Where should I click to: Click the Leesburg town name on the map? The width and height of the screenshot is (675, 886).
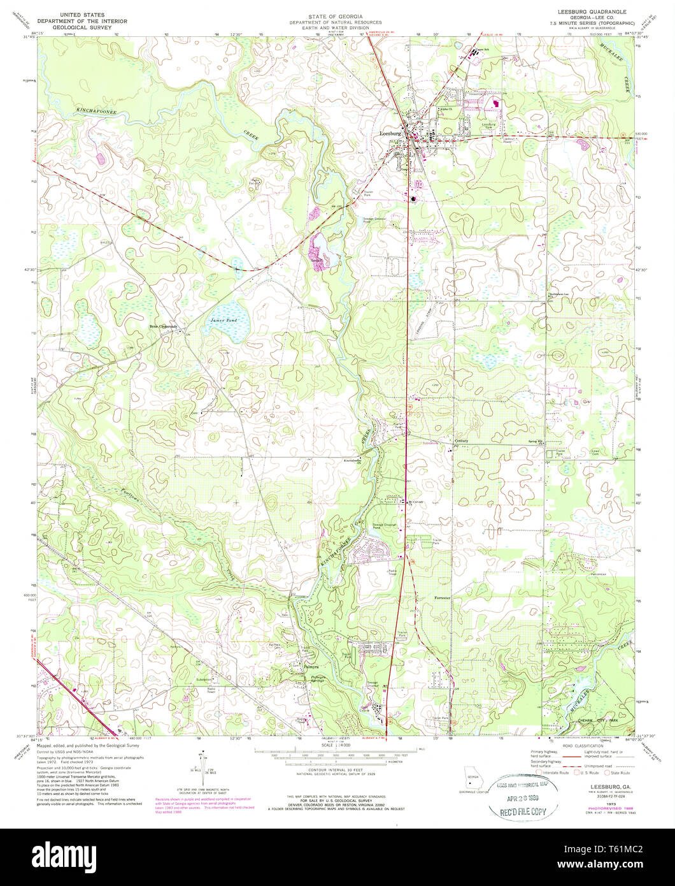390,134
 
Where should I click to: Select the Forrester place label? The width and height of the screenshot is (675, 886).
442,598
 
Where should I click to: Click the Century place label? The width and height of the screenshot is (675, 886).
461,440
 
